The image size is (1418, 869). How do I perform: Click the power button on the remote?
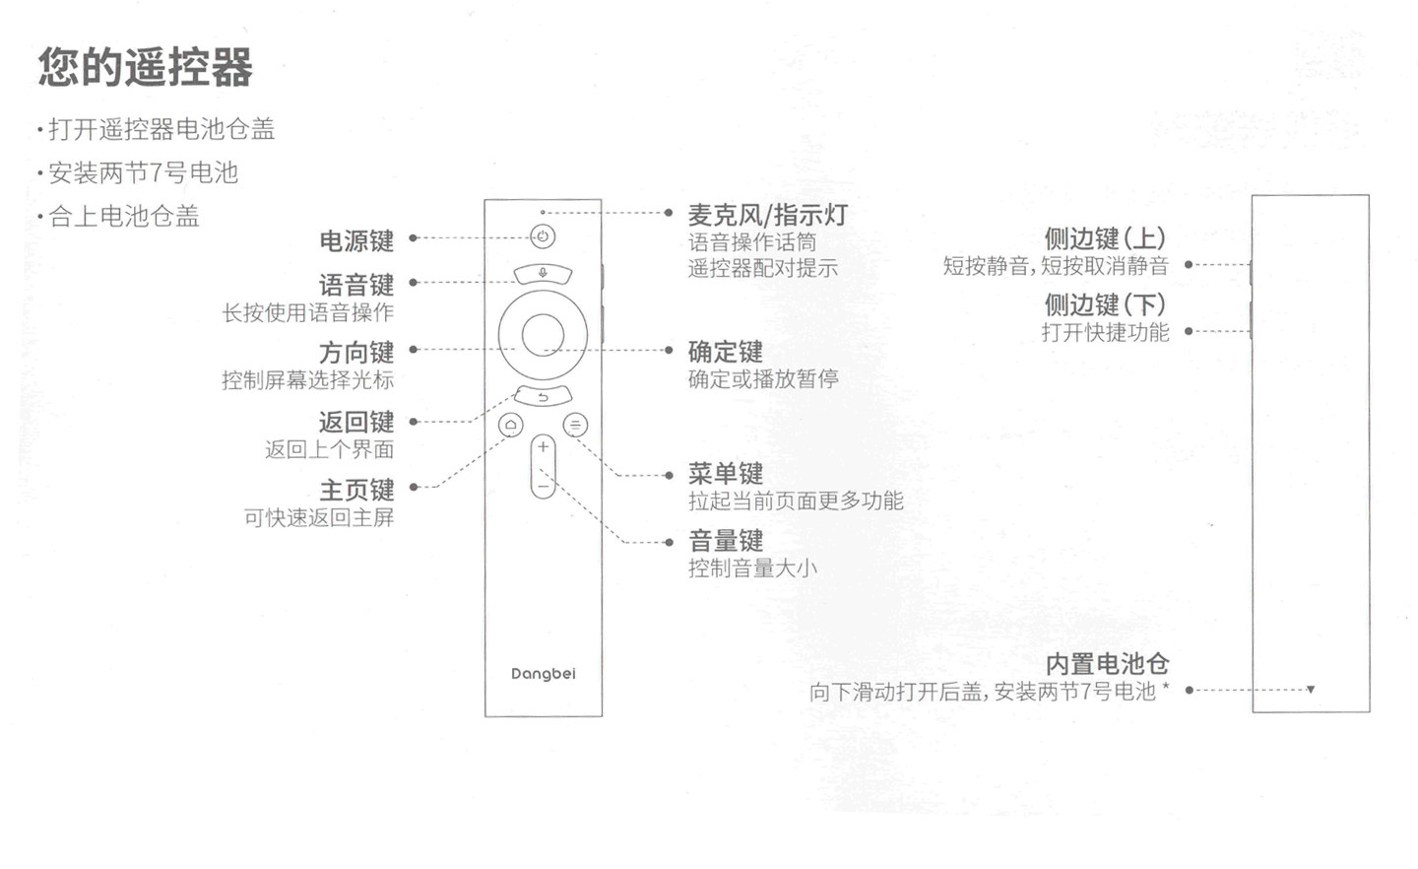point(543,236)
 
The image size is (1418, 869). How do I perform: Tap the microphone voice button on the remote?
point(543,273)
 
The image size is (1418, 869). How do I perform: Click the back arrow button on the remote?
point(543,397)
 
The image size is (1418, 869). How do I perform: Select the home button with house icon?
point(511,425)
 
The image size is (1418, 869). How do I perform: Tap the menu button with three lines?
point(575,425)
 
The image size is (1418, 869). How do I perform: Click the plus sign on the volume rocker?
point(543,447)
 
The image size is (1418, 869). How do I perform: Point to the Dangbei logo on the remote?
point(543,674)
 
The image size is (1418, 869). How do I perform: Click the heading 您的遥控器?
point(146,68)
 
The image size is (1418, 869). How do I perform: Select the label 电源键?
point(356,240)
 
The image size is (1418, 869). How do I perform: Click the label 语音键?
point(356,285)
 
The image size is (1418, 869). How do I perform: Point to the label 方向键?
point(356,352)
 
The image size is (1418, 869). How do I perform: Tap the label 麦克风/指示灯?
point(767,215)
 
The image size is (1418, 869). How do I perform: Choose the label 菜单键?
point(726,474)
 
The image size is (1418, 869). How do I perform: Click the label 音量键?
point(726,541)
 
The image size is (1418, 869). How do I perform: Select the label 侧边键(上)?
point(1105,238)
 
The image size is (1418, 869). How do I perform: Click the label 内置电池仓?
point(1107,664)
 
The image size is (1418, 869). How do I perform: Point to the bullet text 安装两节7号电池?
point(144,173)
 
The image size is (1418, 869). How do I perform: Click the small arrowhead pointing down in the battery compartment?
point(1311,690)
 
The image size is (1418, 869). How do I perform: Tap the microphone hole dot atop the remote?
point(543,212)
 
